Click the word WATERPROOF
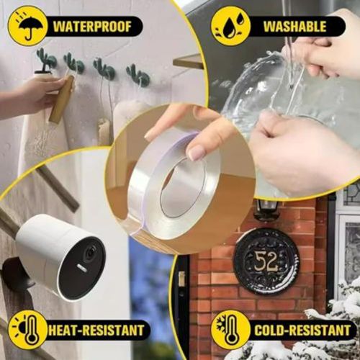coord(92,27)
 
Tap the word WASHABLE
coord(295,27)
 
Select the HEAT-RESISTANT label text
coord(96,330)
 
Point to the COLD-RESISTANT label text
coord(302,330)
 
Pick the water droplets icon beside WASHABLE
coord(231,26)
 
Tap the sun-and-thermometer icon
coord(28,330)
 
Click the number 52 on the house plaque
coord(266,262)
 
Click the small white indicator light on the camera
coord(82,269)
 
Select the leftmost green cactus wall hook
coord(45,60)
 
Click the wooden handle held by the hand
coord(62,99)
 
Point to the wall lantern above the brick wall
coord(267,208)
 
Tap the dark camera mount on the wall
coord(16,274)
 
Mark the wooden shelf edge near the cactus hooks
coord(189,62)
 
